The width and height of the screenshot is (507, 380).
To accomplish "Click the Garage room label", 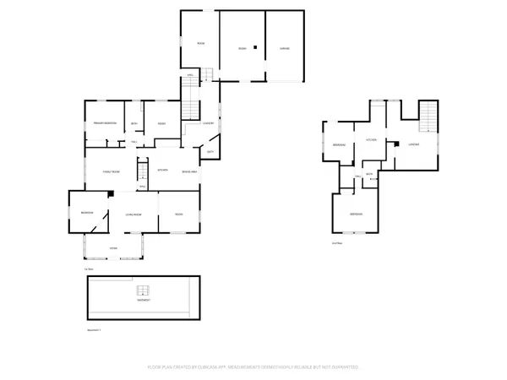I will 286,49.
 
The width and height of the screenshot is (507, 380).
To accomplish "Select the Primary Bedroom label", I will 105,124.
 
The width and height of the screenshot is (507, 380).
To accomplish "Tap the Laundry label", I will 208,124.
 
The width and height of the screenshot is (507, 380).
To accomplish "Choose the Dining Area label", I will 189,171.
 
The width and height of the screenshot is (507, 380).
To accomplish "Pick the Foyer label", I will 113,247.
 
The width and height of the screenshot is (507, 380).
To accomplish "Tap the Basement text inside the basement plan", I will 143,299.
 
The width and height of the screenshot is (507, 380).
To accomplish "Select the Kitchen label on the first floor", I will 164,171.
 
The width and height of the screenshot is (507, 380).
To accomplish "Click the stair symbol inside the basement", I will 143,290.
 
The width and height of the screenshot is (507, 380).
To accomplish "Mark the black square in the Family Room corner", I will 111,193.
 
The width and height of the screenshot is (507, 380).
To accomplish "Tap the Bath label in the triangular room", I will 210,152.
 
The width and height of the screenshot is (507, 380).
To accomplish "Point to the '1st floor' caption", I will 87,269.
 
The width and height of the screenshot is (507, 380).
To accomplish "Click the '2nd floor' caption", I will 337,242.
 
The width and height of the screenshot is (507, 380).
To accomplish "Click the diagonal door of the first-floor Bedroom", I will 101,221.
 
